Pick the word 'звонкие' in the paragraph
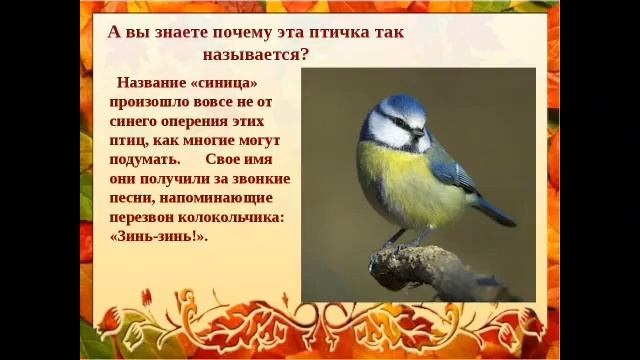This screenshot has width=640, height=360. point(255,179)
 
